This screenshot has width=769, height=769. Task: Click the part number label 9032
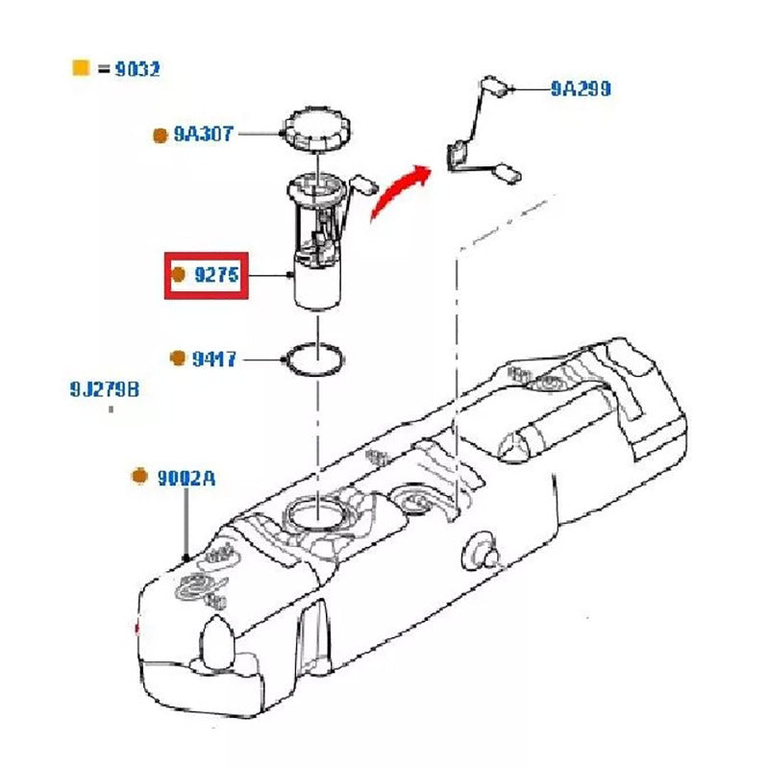(136, 69)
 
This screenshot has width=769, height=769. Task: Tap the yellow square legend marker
(81, 68)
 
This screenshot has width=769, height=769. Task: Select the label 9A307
(203, 135)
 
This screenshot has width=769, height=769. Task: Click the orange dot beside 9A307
(160, 136)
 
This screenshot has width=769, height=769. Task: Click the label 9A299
(580, 88)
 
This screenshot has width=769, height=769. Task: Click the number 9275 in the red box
(217, 276)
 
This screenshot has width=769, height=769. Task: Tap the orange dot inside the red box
(178, 275)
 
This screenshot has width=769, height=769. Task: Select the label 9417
(213, 360)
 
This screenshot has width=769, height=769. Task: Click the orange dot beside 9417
(177, 359)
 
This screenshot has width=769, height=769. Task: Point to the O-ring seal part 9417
(313, 360)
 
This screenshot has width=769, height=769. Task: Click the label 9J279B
(104, 389)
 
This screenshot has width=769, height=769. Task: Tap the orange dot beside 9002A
(139, 476)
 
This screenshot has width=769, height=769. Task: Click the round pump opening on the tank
(316, 512)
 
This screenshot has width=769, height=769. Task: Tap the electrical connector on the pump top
(364, 183)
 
